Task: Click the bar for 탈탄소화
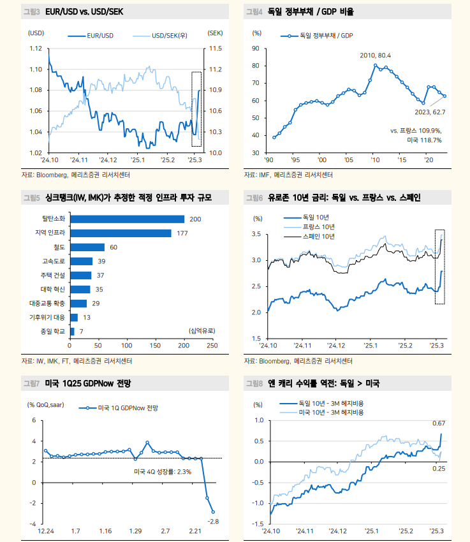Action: point(127,219)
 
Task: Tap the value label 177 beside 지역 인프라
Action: point(183,233)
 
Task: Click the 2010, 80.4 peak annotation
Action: point(376,55)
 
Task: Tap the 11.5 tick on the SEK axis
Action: point(215,48)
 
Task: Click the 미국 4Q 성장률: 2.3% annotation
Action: point(163,471)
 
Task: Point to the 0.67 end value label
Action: point(439,423)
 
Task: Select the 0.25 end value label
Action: point(439,469)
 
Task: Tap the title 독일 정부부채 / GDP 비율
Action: point(311,11)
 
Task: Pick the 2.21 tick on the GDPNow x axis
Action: point(195,531)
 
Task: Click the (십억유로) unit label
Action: point(202,330)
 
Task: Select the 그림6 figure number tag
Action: point(254,198)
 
